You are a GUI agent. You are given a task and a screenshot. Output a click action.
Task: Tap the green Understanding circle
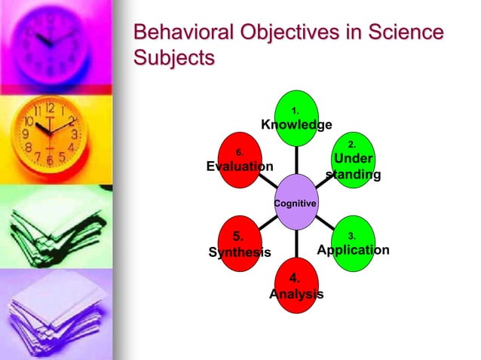[x=352, y=161]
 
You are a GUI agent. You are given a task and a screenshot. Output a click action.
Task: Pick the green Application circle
[x=352, y=243]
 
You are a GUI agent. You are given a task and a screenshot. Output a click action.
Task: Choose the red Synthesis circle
[x=240, y=245]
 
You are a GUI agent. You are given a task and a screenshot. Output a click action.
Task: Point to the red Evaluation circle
[x=240, y=160]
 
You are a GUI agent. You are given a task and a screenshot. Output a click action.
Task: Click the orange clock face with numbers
[x=50, y=130]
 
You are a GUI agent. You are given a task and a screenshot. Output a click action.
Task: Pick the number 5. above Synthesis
[x=237, y=236]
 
